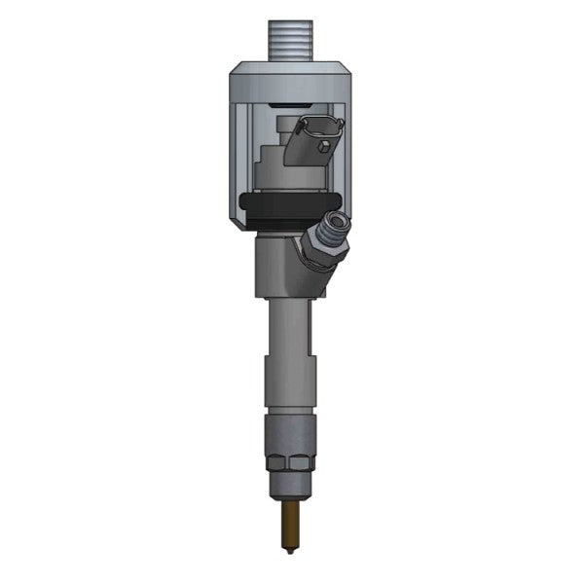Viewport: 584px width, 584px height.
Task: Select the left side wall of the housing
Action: tap(243, 156)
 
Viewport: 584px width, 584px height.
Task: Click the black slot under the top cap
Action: tap(292, 102)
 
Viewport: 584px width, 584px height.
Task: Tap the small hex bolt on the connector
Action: tap(320, 148)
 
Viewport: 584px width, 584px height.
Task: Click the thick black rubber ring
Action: tap(277, 207)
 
